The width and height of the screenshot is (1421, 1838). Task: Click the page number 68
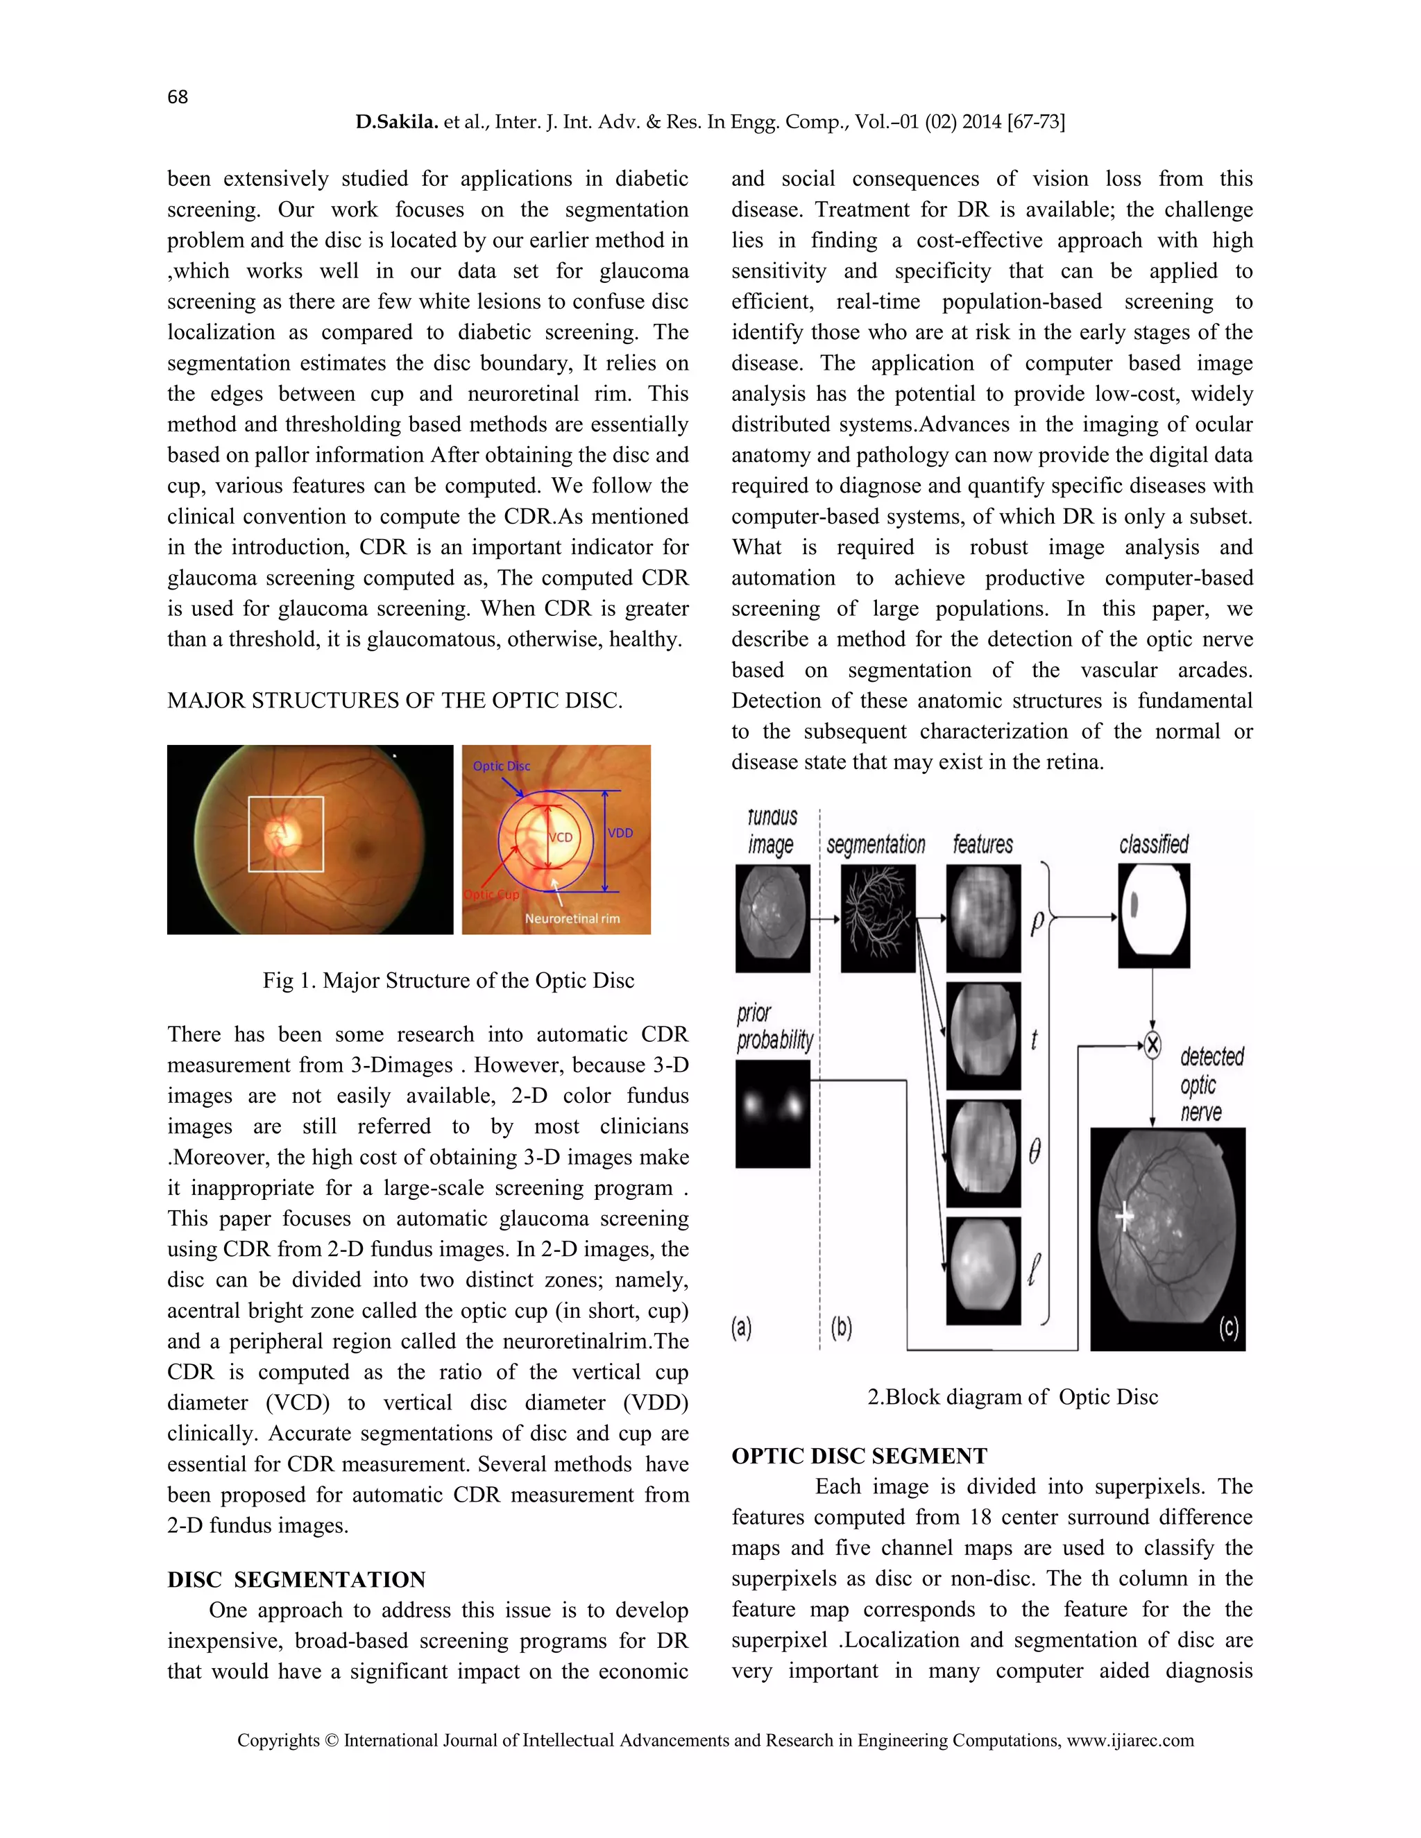pos(178,97)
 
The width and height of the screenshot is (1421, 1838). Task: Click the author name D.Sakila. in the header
pos(396,122)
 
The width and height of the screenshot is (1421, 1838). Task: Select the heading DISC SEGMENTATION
pos(296,1579)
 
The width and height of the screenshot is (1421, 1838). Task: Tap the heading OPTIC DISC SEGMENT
pos(859,1456)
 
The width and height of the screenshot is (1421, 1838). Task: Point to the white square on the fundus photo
pos(287,834)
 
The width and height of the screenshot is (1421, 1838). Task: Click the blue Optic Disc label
pos(502,766)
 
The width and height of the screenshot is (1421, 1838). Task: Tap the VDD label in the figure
pos(620,832)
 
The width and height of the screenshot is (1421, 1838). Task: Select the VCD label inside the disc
pos(561,837)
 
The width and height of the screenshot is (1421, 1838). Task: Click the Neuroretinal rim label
pos(572,919)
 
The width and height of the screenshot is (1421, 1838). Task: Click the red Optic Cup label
pos(492,895)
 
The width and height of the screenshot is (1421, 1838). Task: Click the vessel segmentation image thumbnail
pos(878,919)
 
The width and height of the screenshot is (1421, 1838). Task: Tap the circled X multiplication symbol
pos(1152,1045)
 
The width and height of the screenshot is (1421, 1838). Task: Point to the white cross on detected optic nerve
pos(1125,1218)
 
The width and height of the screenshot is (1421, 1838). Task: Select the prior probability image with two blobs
pos(772,1113)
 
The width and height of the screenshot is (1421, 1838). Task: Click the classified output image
pos(1153,916)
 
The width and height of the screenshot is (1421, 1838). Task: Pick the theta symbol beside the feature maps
pos(1035,1151)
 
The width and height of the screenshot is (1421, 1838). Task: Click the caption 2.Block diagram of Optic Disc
pos(1013,1397)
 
